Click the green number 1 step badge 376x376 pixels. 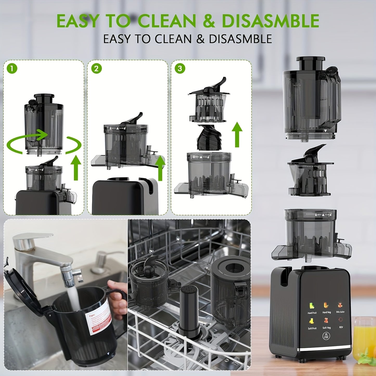tap(12, 69)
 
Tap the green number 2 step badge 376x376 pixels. tap(96, 69)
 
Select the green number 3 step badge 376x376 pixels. tap(180, 69)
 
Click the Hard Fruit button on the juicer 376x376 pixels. tap(312, 307)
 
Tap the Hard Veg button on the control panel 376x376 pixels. tap(327, 307)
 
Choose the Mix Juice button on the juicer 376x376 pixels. tap(340, 307)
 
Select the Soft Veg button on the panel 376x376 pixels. tap(327, 323)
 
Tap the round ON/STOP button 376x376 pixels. tap(326, 336)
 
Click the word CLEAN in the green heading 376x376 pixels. tap(167, 21)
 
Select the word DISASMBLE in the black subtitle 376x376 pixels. tap(240, 39)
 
